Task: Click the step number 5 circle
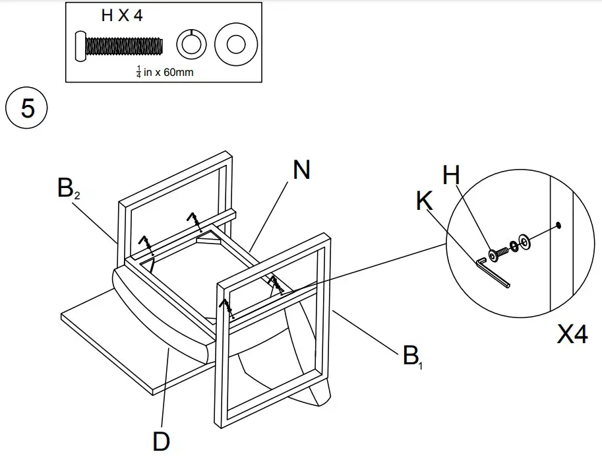point(27,108)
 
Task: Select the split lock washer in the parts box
point(191,45)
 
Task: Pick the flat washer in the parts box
point(233,45)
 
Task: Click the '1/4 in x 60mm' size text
point(164,71)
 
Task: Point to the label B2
point(69,190)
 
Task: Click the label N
point(301,171)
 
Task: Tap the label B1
point(411,357)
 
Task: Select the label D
point(162,440)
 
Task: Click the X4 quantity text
point(572,335)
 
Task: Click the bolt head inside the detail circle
point(493,255)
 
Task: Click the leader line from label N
point(270,215)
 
